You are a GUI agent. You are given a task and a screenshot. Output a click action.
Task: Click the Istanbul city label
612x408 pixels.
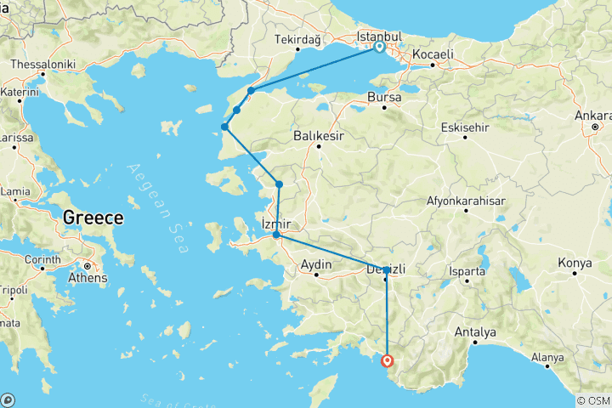[379, 37]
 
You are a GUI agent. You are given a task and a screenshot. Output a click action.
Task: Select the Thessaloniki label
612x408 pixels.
[42, 65]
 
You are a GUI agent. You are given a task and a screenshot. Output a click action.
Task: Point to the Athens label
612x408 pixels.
[88, 278]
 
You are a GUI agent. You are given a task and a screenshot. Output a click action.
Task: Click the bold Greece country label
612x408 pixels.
[93, 218]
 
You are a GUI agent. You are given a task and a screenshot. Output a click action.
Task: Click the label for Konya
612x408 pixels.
[574, 263]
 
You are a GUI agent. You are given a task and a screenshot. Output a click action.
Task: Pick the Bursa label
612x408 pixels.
[383, 98]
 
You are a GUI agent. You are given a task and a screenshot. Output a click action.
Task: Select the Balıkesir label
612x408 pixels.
[318, 135]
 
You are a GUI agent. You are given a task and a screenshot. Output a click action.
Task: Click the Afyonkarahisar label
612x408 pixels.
[467, 201]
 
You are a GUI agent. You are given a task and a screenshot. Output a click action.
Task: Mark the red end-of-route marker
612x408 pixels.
[388, 360]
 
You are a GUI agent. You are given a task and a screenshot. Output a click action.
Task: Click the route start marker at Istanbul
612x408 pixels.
[379, 48]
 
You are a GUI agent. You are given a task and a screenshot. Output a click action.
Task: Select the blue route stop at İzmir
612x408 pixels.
[276, 234]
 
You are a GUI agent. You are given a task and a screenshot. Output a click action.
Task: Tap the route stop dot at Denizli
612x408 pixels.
[387, 270]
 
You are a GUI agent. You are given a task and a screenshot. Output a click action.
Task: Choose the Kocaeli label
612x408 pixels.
[433, 54]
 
